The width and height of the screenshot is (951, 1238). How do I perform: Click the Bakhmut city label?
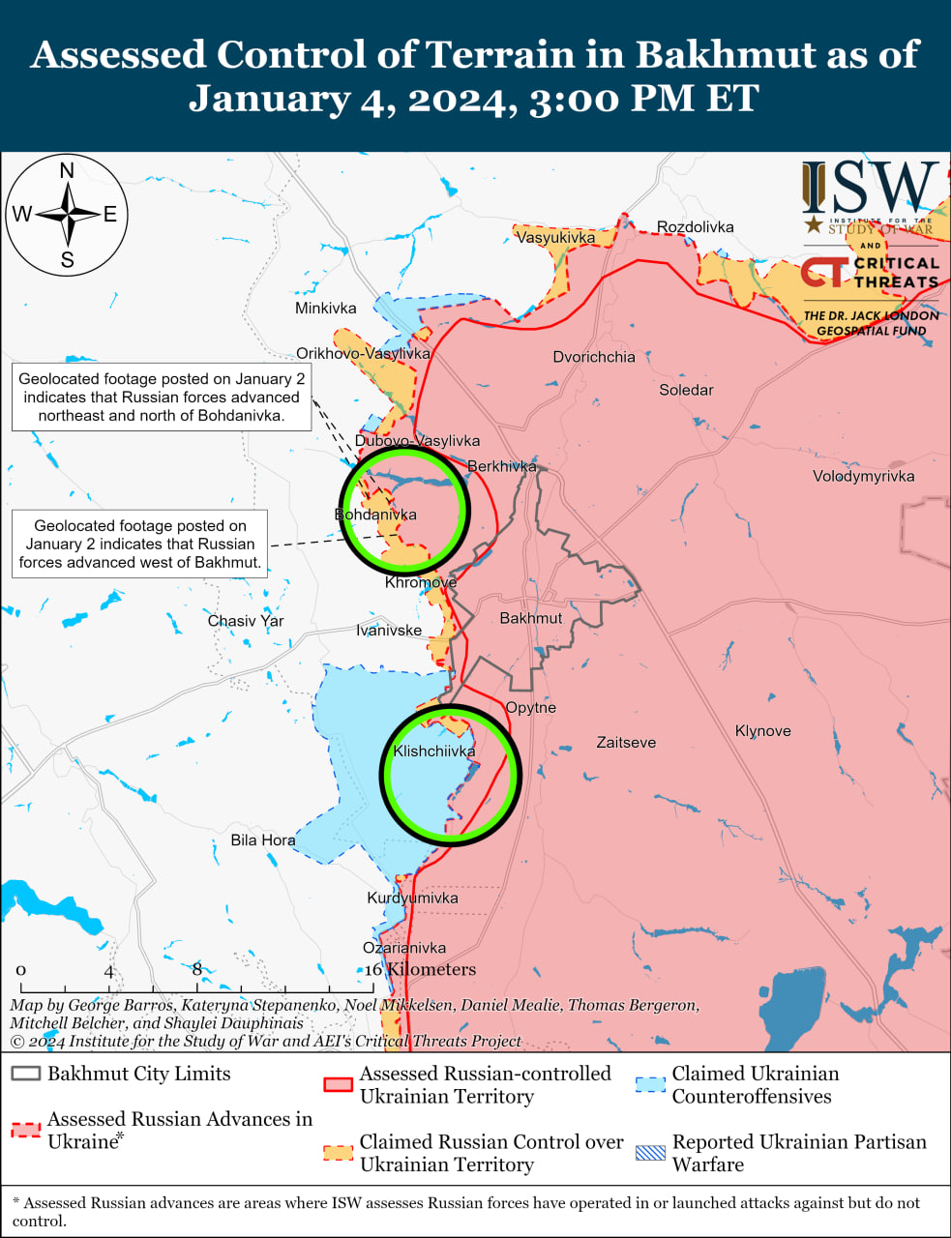(x=530, y=618)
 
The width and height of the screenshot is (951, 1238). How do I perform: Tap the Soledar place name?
(x=686, y=390)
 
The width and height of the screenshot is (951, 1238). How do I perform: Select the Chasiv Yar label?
(x=246, y=621)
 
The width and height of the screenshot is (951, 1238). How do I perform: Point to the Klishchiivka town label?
(x=434, y=752)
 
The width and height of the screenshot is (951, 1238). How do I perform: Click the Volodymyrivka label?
(x=863, y=476)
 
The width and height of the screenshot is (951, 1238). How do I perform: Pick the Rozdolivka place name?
(x=695, y=227)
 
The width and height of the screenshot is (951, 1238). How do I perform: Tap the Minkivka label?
(x=325, y=309)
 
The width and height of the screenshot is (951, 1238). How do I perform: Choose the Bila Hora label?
(x=263, y=840)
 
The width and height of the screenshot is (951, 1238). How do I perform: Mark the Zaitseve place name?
(x=626, y=743)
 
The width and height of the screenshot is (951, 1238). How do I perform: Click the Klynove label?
(x=762, y=731)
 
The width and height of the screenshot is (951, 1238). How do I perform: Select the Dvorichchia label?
(x=594, y=357)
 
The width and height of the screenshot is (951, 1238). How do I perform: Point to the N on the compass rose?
(x=67, y=171)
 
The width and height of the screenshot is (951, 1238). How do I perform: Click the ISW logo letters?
(x=870, y=188)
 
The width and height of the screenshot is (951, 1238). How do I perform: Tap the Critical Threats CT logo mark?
(x=823, y=272)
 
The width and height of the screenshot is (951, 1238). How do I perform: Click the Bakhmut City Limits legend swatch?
(x=26, y=1074)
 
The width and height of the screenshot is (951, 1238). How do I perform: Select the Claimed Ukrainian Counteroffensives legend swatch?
(x=651, y=1084)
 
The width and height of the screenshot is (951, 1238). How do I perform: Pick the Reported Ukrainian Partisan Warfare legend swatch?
(x=651, y=1153)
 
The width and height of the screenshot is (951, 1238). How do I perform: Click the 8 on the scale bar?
(x=196, y=970)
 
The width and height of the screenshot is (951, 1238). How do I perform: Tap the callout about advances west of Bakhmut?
(x=140, y=545)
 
